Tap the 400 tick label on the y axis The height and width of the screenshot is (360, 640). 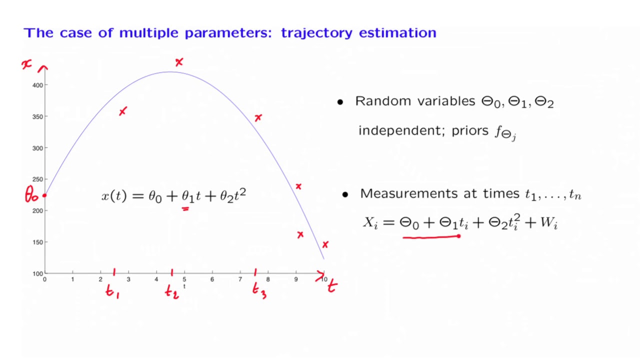pos(37,85)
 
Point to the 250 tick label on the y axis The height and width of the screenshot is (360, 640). pos(37,179)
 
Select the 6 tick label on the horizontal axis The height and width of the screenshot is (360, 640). pos(212,279)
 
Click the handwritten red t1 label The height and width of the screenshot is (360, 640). pos(112,291)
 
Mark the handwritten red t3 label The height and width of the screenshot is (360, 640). pos(259,290)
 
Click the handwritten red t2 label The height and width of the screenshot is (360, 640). pos(171,291)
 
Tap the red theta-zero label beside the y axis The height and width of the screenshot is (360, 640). pos(31,195)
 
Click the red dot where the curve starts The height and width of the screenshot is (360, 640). pos(44,195)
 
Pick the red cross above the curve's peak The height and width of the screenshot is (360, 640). pos(179,62)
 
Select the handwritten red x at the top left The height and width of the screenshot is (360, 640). pos(26,64)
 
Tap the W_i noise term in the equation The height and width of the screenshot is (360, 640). pos(548,223)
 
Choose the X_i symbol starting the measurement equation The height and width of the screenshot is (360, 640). pos(370,223)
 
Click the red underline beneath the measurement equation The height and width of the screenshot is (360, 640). pos(431,237)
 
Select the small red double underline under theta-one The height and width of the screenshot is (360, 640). pos(185,209)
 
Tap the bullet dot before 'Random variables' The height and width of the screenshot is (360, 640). pos(340,102)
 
